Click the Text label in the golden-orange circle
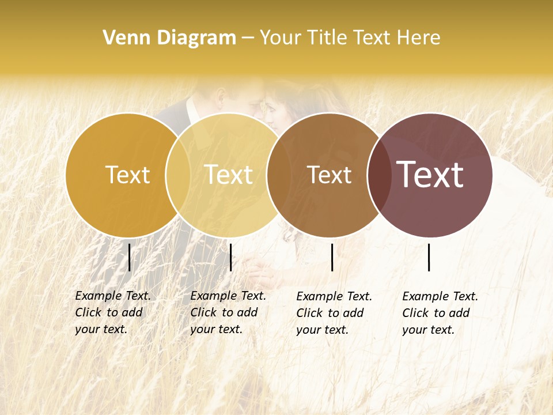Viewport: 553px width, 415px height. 127,175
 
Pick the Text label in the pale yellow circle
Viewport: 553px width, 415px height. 228,175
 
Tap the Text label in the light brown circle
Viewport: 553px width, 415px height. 329,175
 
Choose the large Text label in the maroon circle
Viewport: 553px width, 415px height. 430,175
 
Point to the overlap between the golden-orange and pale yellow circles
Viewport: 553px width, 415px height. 178,175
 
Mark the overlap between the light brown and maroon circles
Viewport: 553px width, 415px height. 379,175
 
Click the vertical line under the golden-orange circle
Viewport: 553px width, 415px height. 130,257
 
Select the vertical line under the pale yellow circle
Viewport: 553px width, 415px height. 230,257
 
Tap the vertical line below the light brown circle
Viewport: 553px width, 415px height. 332,257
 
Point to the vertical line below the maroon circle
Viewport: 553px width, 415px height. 429,257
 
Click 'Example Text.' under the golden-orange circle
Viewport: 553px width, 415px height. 113,296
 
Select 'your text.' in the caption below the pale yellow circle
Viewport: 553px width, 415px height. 216,329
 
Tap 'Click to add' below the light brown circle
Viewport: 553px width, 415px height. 330,313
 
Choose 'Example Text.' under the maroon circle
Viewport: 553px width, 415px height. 440,296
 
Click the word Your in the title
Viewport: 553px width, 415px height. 281,38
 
